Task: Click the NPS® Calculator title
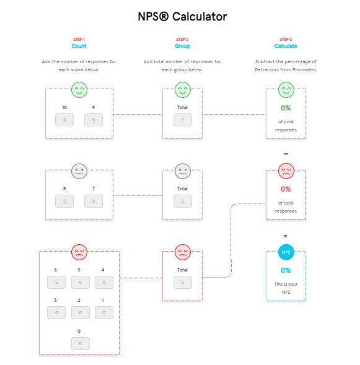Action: [182, 17]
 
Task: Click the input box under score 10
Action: [64, 120]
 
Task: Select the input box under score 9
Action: [94, 120]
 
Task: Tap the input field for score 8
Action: [64, 201]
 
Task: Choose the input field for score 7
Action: [94, 201]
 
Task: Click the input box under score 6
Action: [56, 283]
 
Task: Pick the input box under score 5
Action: [80, 283]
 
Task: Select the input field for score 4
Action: [103, 283]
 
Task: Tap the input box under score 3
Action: [56, 313]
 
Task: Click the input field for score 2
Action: [80, 313]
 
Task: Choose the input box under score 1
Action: [103, 313]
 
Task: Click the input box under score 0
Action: [80, 343]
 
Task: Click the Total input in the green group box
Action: [182, 120]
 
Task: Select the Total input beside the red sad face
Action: [182, 283]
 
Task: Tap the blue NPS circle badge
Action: [286, 252]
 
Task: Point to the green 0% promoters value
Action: [286, 108]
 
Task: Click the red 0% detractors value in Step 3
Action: [286, 189]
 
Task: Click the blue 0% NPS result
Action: [286, 270]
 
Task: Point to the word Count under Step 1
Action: [79, 46]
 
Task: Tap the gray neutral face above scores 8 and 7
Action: [79, 171]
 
